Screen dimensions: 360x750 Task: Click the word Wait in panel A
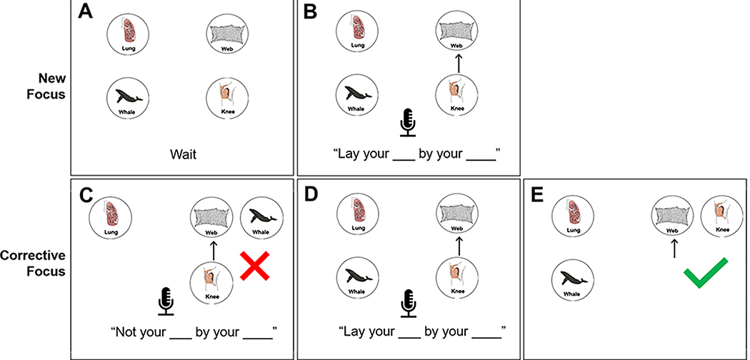182,152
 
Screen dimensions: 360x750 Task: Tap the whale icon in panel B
355,96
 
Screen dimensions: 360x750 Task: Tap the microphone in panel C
166,301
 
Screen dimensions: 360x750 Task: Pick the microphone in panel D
408,301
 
